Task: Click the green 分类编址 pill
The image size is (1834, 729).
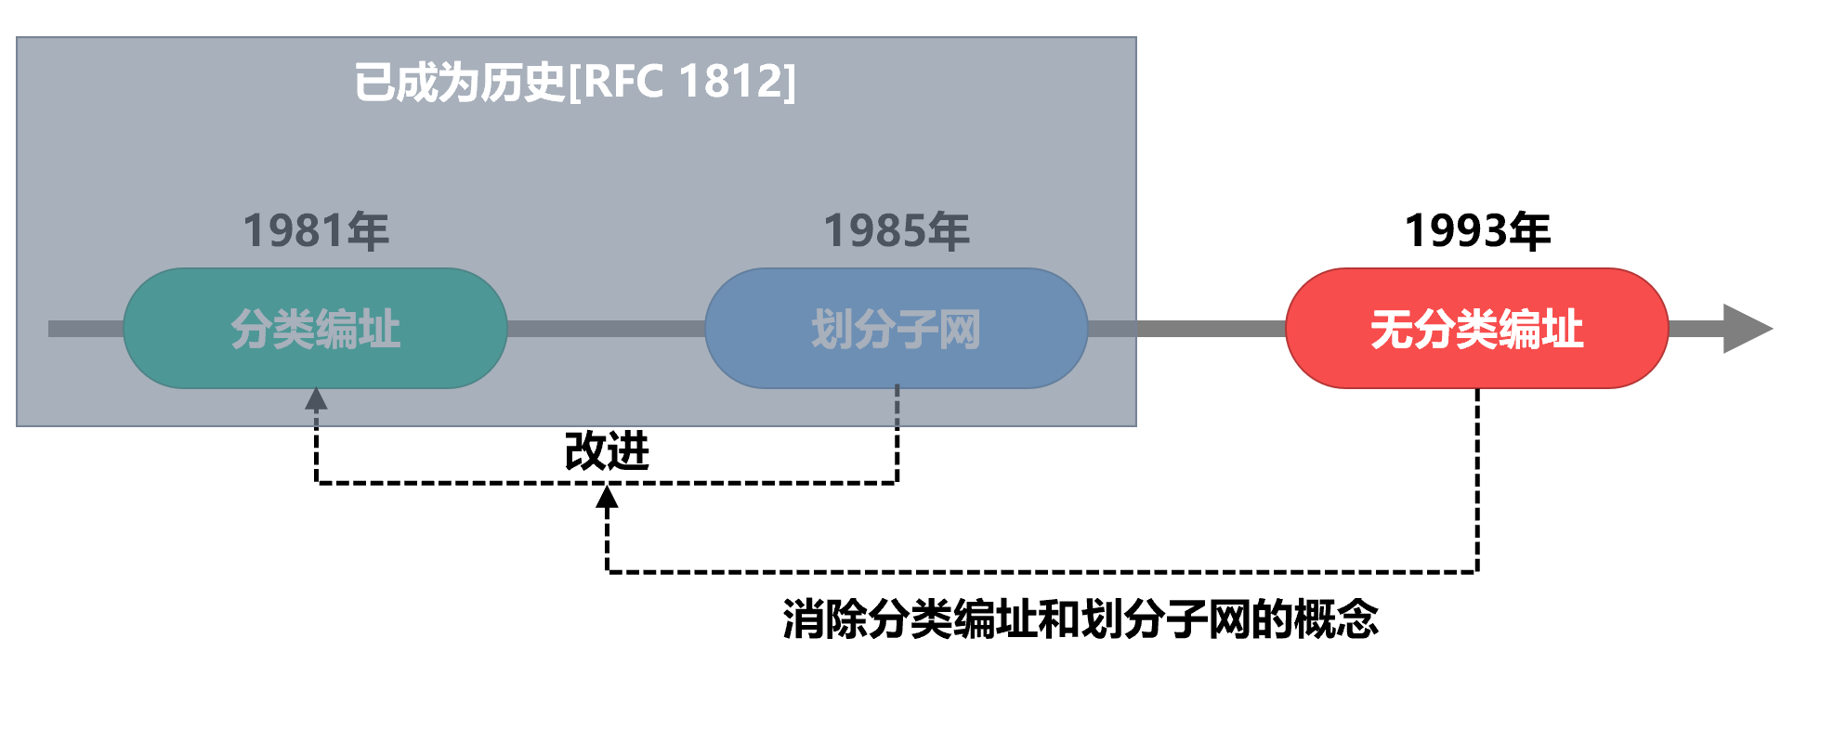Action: (x=315, y=328)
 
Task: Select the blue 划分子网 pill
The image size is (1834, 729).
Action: (x=896, y=328)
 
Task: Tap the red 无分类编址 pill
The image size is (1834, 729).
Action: (x=1476, y=328)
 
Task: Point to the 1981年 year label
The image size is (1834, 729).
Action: (x=316, y=230)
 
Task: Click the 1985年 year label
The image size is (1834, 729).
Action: (x=897, y=230)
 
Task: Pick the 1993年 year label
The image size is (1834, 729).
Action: (x=1477, y=230)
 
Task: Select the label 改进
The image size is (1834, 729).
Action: (x=607, y=451)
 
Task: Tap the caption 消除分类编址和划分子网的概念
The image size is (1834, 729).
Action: (x=1080, y=618)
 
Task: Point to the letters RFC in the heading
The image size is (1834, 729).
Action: (x=622, y=82)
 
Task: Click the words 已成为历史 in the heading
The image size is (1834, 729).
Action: (x=459, y=82)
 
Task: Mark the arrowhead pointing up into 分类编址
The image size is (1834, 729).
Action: (x=316, y=399)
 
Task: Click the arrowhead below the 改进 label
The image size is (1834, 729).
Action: (x=607, y=498)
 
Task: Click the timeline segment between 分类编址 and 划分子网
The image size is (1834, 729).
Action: (x=606, y=329)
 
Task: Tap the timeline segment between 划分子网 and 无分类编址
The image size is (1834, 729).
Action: (x=1186, y=329)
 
